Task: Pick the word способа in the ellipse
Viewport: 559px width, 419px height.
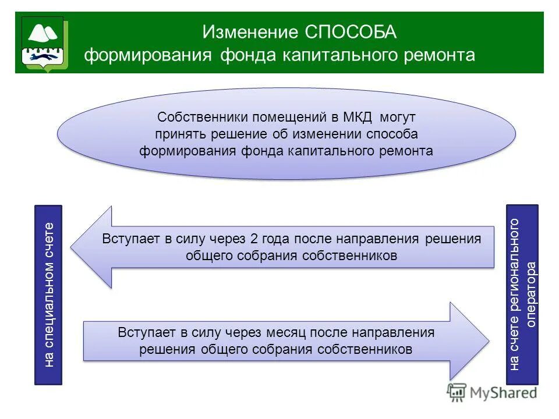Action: tap(393, 134)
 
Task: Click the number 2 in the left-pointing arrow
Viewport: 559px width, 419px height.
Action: tap(254, 239)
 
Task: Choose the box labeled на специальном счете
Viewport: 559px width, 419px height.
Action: tap(48, 294)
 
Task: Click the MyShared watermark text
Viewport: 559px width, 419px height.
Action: tap(504, 393)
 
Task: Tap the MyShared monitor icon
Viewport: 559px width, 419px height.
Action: tap(457, 393)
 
